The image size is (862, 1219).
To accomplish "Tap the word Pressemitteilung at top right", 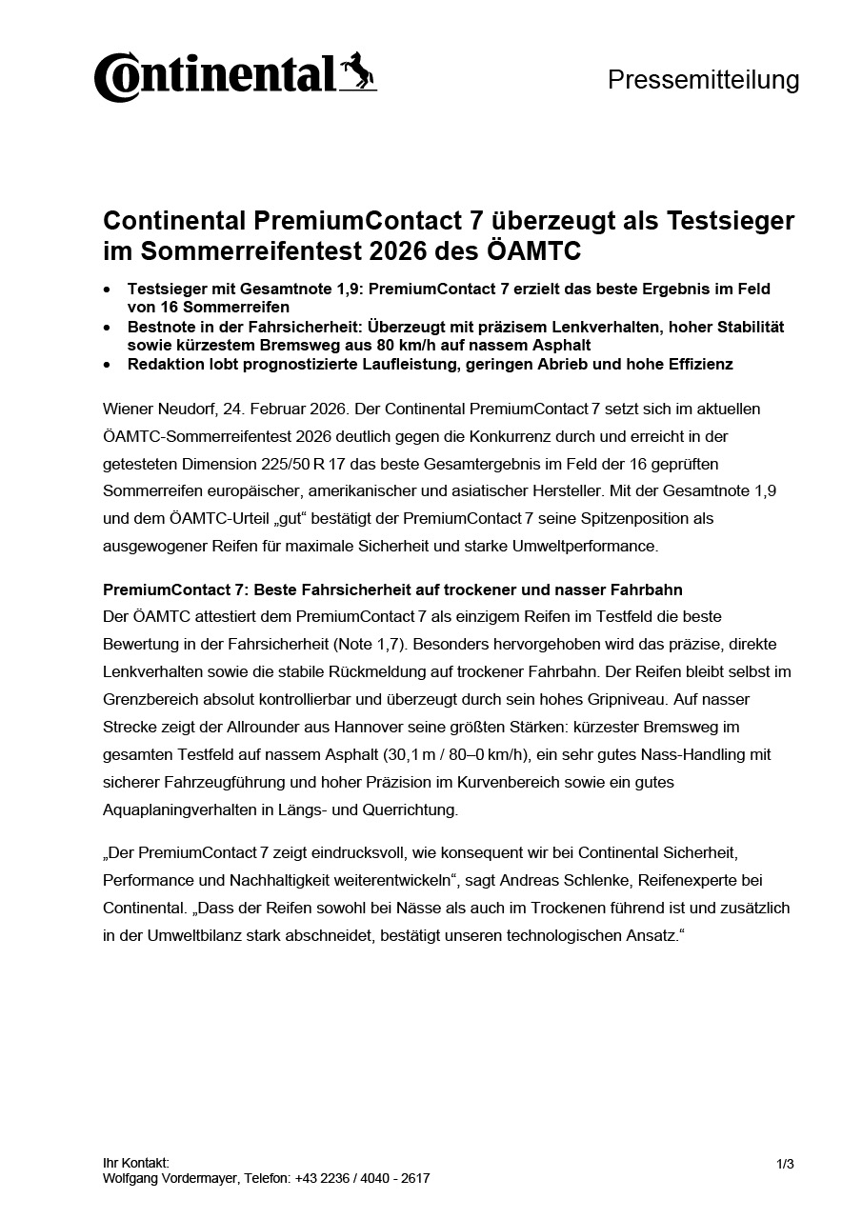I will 703,80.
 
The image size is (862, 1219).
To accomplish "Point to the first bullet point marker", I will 107,289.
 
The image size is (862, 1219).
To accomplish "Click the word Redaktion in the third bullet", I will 166,365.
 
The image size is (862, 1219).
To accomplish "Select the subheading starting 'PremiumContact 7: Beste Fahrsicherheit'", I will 392,590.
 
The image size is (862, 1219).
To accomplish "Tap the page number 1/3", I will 785,1164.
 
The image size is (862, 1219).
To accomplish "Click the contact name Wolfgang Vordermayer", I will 171,1178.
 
